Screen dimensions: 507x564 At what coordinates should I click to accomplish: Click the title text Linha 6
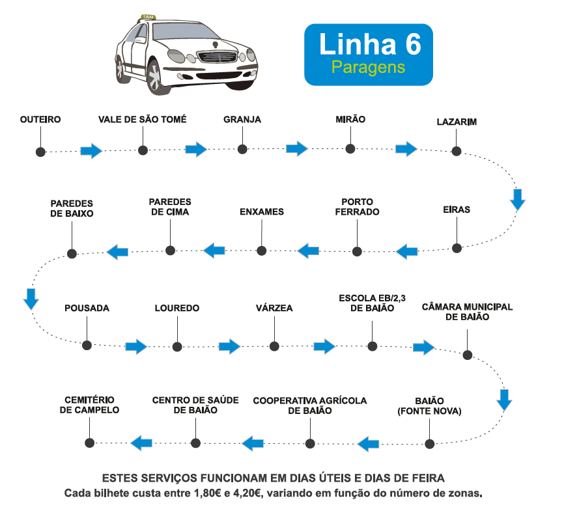point(369,44)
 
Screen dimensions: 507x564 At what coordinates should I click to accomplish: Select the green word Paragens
point(368,67)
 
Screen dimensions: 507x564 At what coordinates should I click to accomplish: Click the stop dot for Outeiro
point(40,151)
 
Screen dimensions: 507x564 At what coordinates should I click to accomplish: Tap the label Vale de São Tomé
point(143,119)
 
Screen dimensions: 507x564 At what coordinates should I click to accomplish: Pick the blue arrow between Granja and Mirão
point(296,149)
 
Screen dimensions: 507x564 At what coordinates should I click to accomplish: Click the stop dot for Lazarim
point(457,151)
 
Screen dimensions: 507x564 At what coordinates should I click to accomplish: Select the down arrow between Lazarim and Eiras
point(518,199)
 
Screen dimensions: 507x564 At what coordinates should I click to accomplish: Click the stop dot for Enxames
point(262,250)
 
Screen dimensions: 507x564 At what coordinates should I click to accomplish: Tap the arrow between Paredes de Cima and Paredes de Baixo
point(117,252)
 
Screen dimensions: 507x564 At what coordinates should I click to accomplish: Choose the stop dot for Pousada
point(86,344)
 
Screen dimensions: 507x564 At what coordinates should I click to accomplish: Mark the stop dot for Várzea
point(274,346)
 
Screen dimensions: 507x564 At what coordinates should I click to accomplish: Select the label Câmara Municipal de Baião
point(468,312)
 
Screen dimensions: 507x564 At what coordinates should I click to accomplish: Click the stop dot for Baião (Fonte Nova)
point(429,444)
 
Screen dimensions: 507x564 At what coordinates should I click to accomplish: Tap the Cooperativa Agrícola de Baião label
point(310,405)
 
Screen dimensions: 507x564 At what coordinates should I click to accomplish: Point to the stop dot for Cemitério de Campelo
point(90,442)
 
